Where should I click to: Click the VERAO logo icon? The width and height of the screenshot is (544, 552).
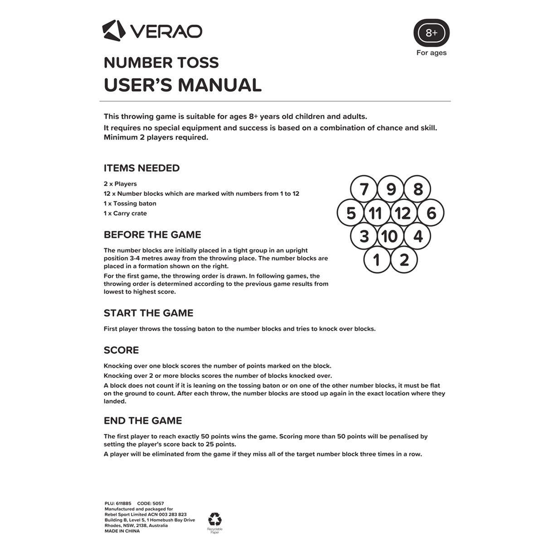(x=113, y=30)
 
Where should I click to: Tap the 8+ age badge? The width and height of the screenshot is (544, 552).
(x=431, y=33)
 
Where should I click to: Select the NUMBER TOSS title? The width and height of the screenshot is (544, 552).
(x=161, y=63)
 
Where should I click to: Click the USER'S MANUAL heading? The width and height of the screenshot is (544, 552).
(x=182, y=85)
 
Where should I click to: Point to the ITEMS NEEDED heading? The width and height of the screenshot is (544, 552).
(x=141, y=168)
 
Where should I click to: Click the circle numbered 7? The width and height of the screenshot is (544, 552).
(x=364, y=189)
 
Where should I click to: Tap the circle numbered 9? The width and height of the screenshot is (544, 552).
(x=391, y=189)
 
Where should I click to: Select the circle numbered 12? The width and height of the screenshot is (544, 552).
(x=403, y=213)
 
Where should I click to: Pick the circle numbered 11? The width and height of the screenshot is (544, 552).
(x=376, y=213)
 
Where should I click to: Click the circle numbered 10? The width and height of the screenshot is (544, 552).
(x=389, y=236)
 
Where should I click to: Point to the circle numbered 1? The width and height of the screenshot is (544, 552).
(x=377, y=260)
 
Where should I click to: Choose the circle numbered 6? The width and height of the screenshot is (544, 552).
(x=431, y=213)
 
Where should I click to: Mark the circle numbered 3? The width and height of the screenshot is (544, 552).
(x=364, y=236)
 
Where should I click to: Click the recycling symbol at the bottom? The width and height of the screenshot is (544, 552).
(x=214, y=519)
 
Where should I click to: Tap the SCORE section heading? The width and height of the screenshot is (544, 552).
(x=121, y=350)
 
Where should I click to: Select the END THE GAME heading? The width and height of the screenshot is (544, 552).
(x=143, y=421)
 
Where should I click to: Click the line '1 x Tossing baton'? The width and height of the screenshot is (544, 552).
(x=130, y=204)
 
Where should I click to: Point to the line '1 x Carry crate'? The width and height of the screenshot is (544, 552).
(x=125, y=214)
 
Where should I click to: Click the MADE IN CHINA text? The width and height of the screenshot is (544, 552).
(x=122, y=531)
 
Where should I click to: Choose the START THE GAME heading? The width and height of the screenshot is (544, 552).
(x=148, y=313)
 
